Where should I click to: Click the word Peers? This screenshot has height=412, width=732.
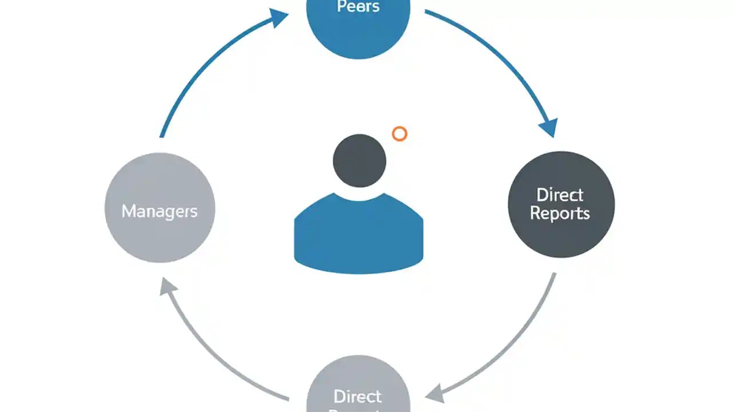tap(358, 7)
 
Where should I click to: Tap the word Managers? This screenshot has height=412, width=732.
tap(160, 211)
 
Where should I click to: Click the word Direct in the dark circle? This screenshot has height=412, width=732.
tap(560, 195)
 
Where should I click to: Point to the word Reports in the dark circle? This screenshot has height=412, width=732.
tap(560, 213)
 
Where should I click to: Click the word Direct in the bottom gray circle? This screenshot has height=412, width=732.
tap(357, 396)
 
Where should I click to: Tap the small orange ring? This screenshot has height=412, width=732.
tap(400, 134)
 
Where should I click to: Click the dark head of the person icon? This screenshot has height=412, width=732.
tap(359, 161)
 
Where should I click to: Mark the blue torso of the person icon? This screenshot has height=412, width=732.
tap(359, 235)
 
